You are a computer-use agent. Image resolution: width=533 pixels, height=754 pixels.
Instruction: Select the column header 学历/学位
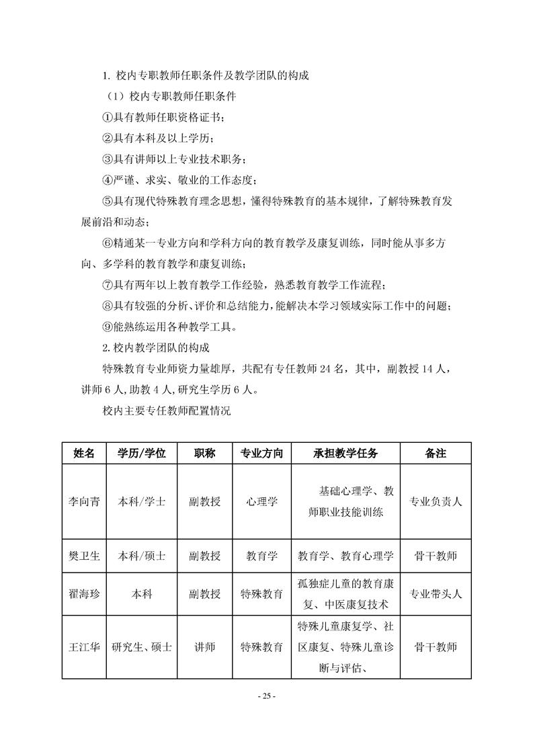click(142, 453)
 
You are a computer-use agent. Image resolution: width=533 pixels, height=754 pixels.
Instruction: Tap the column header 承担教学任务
click(345, 453)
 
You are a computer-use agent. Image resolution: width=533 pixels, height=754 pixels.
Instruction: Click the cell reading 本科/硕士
click(142, 556)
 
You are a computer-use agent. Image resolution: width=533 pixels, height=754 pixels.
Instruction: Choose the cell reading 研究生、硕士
click(142, 647)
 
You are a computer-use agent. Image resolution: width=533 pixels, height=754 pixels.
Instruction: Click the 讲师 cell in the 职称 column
click(204, 647)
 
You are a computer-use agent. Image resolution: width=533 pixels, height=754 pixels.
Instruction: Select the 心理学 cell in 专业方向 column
click(261, 501)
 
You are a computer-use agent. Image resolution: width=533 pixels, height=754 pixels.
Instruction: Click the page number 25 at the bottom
click(267, 696)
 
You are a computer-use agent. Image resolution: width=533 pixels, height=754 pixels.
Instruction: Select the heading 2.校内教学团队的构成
click(155, 348)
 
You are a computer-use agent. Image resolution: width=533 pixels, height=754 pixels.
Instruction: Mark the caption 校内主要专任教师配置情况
click(166, 410)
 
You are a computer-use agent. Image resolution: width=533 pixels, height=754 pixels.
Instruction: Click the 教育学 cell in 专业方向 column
click(261, 556)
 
